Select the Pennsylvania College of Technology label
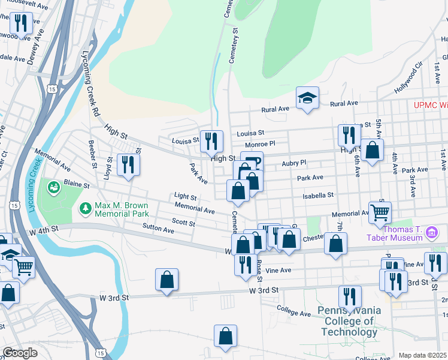(x=350, y=321)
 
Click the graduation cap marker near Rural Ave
(x=307, y=98)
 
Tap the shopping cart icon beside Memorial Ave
(x=380, y=212)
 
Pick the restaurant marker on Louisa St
(x=211, y=142)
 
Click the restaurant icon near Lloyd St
(x=128, y=164)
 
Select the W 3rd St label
(x=264, y=290)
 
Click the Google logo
(x=20, y=352)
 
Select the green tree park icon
(x=84, y=208)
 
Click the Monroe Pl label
(x=259, y=145)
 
